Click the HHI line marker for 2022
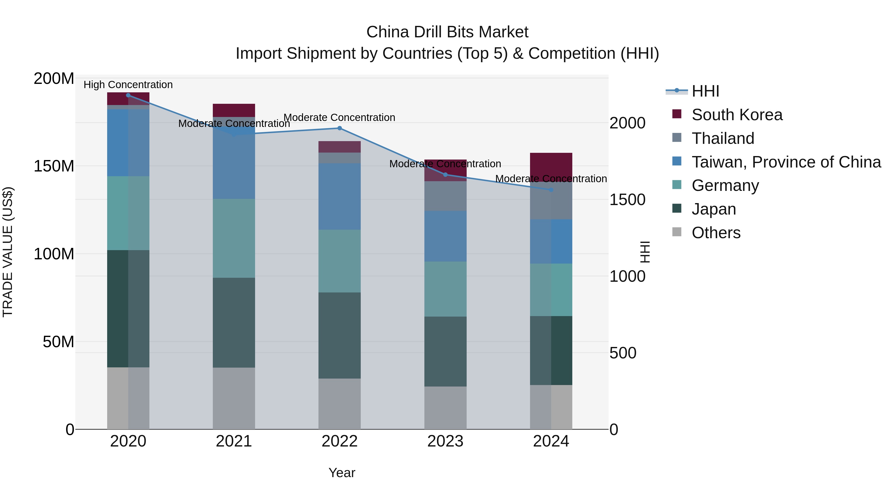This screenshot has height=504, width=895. [339, 128]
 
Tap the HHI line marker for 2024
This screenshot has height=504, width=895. [551, 190]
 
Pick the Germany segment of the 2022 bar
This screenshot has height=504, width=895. [339, 261]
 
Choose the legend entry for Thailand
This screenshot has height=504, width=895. [723, 138]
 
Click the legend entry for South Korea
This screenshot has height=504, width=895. [737, 115]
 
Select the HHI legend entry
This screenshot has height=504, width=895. [705, 91]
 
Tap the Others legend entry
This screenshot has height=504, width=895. [716, 233]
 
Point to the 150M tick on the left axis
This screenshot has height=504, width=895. [54, 166]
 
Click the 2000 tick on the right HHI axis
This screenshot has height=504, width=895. [627, 123]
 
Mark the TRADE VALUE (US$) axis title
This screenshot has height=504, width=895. [8, 252]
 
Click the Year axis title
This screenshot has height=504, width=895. [342, 473]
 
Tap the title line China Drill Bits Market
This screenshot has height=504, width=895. [447, 32]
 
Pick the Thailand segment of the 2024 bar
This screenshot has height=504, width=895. [551, 201]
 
